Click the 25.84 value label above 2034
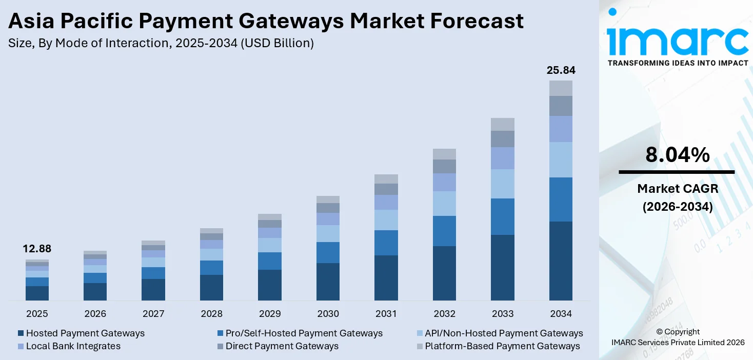click(x=561, y=70)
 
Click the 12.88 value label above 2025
click(x=37, y=249)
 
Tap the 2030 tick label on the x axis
click(x=328, y=313)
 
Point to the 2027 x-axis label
click(x=153, y=313)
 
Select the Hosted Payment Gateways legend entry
click(x=85, y=333)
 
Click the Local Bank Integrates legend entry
click(x=73, y=346)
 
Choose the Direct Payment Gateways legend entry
click(x=282, y=346)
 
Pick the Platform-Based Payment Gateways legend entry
click(x=502, y=346)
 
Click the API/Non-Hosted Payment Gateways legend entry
click(x=504, y=333)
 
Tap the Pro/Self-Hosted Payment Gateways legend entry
click(x=304, y=333)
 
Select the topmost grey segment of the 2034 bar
click(x=561, y=88)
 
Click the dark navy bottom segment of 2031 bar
click(x=386, y=277)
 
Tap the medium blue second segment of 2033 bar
click(x=503, y=216)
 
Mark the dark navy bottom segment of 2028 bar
click(x=211, y=287)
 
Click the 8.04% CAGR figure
click(x=677, y=155)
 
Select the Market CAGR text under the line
click(x=677, y=189)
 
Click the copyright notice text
click(x=677, y=337)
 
